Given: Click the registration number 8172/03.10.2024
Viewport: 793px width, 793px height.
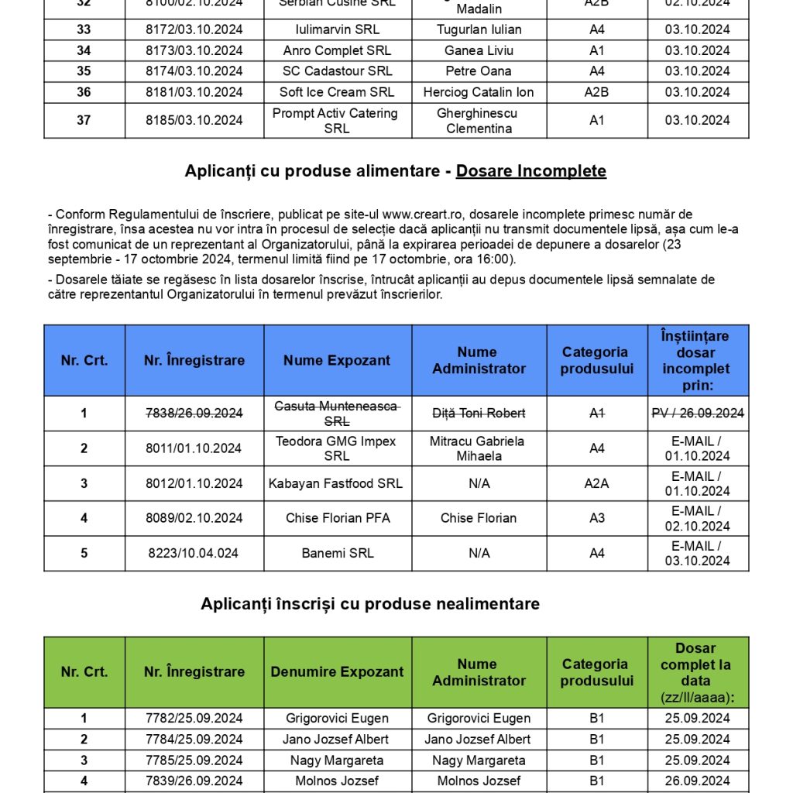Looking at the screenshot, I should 194,29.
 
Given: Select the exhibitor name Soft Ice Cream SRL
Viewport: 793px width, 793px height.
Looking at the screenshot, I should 337,91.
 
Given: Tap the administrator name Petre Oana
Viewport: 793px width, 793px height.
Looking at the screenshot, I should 479,70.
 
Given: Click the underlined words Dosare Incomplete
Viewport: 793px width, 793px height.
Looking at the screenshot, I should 530,170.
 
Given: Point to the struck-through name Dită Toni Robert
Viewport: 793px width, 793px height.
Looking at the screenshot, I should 479,414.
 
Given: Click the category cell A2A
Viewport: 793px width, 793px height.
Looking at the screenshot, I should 596,483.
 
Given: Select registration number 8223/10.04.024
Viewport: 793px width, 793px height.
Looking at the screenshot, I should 194,553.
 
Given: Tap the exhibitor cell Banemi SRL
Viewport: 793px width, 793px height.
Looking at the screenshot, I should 337,553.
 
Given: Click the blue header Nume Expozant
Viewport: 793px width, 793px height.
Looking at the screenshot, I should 337,360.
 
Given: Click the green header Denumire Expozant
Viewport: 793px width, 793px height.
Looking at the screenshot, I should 337,672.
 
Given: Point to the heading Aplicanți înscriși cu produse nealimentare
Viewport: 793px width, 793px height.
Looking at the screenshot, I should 370,603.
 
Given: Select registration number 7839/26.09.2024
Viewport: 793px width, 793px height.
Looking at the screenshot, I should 194,781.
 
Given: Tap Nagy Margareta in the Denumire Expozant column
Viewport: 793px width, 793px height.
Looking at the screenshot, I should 337,760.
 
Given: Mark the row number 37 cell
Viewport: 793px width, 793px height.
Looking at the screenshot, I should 84,120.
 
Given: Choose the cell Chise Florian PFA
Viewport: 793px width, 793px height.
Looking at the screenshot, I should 337,518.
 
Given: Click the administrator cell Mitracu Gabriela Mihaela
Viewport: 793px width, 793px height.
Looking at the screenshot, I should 479,448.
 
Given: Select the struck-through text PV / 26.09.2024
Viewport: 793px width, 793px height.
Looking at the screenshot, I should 697,414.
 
